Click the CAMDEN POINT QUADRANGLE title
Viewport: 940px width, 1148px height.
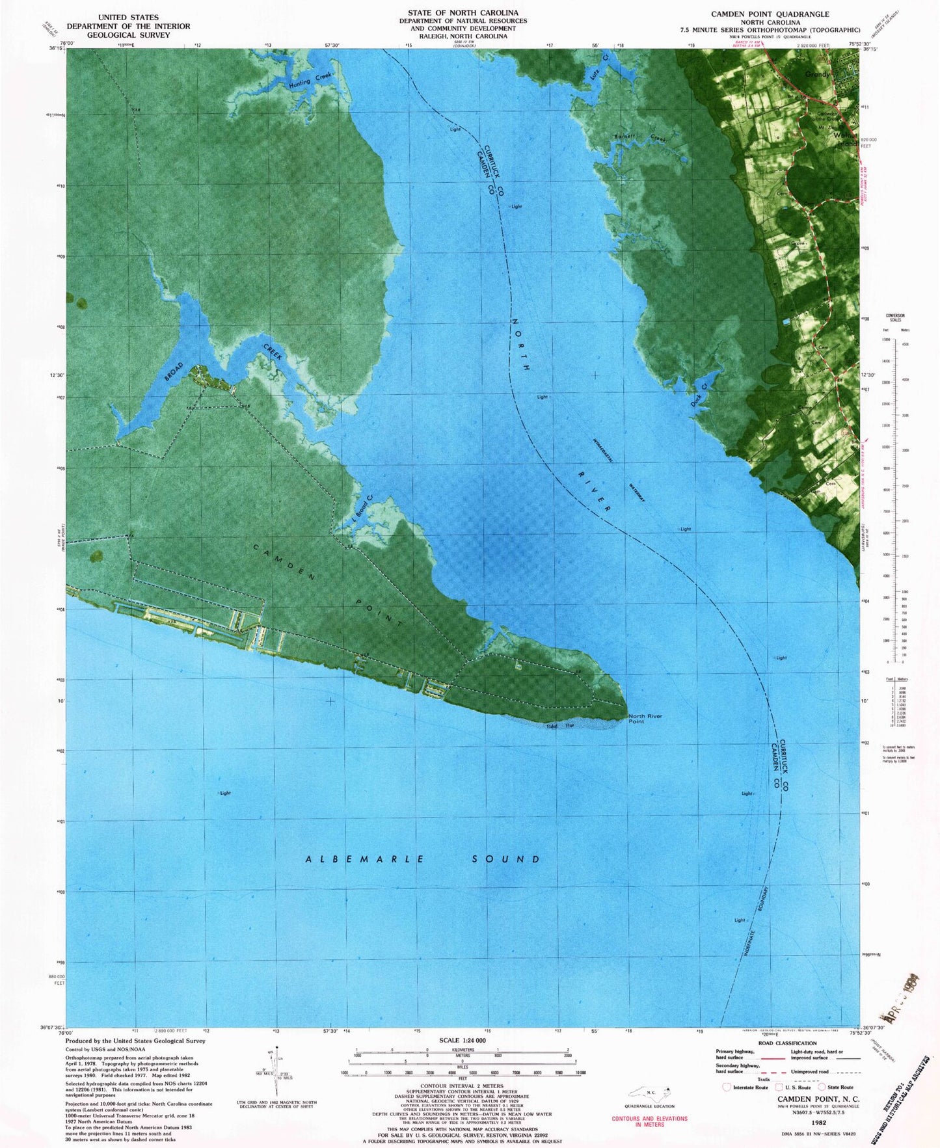pyautogui.click(x=770, y=14)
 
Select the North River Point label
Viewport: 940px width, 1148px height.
pyautogui.click(x=645, y=719)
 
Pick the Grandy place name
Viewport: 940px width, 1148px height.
pyautogui.click(x=817, y=74)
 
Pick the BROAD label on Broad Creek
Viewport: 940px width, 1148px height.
pyautogui.click(x=174, y=375)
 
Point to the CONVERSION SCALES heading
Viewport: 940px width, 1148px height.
pyautogui.click(x=894, y=317)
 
